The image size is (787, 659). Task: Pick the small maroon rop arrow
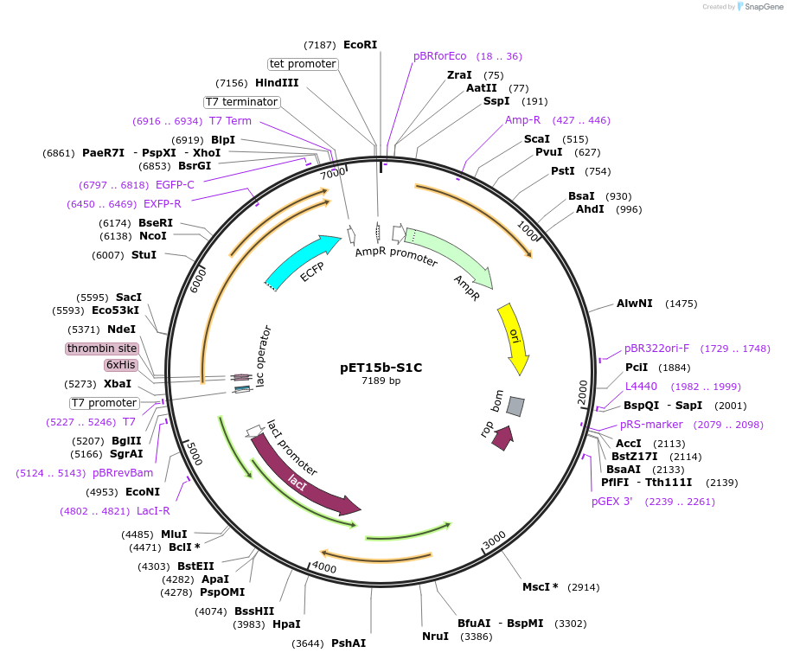click(x=502, y=438)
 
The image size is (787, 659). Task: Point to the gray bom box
click(x=515, y=406)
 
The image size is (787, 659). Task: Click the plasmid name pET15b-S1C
click(x=381, y=367)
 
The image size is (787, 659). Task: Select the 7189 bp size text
click(x=381, y=381)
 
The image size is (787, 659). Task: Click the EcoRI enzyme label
click(x=360, y=45)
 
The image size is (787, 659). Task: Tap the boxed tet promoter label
click(x=303, y=64)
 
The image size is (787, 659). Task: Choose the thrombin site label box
click(x=102, y=349)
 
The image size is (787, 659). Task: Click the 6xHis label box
click(x=121, y=365)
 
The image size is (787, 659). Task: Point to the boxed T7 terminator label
click(x=242, y=102)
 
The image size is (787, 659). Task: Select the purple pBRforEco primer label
click(x=439, y=56)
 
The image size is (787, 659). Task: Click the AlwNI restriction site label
click(x=634, y=304)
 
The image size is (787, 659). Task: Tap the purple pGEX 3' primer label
click(x=612, y=502)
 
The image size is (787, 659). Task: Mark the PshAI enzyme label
click(x=349, y=643)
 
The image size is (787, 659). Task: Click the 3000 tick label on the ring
click(x=494, y=540)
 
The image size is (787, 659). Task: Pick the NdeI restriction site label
click(x=122, y=329)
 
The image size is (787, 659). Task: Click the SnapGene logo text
click(x=764, y=7)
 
